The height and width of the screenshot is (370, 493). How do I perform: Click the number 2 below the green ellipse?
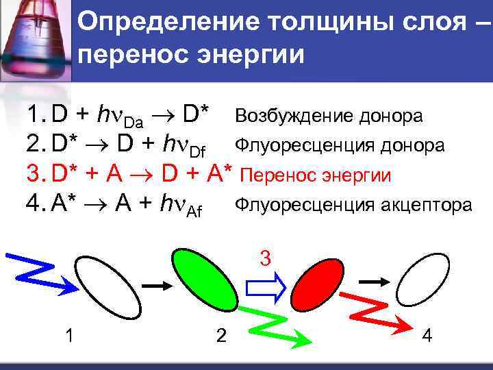[x=220, y=336]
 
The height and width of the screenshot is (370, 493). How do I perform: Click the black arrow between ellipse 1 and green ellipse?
[x=155, y=284]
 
